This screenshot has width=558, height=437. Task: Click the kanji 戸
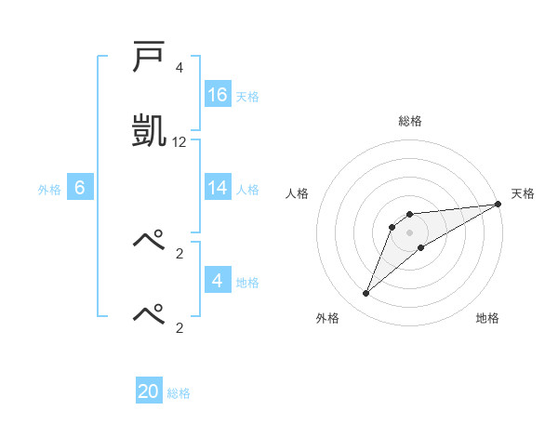(149, 59)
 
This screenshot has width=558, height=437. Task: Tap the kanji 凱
(150, 128)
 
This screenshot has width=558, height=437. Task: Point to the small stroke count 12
(179, 142)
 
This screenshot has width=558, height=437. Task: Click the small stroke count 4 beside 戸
(179, 68)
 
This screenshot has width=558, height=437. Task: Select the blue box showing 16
(218, 95)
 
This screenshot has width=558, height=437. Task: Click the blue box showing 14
(218, 188)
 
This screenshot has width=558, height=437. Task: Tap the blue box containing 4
(218, 281)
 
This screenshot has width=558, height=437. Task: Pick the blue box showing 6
(80, 188)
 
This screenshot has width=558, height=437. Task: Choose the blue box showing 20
(149, 391)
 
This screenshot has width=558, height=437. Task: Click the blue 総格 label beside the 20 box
(179, 393)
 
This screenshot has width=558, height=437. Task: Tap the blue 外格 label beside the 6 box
(49, 190)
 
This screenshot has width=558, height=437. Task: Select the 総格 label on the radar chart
(410, 121)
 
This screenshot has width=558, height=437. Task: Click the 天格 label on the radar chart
(523, 193)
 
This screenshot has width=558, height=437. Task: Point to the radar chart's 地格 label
(487, 318)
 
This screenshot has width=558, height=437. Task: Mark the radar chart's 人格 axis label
(298, 193)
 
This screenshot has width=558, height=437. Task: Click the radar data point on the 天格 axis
(498, 204)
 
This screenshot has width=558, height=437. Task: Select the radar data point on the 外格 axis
(366, 294)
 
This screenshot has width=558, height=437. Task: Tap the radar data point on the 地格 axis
(421, 247)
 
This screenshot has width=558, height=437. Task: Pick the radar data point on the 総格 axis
(410, 215)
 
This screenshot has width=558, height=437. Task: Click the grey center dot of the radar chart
(410, 232)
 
